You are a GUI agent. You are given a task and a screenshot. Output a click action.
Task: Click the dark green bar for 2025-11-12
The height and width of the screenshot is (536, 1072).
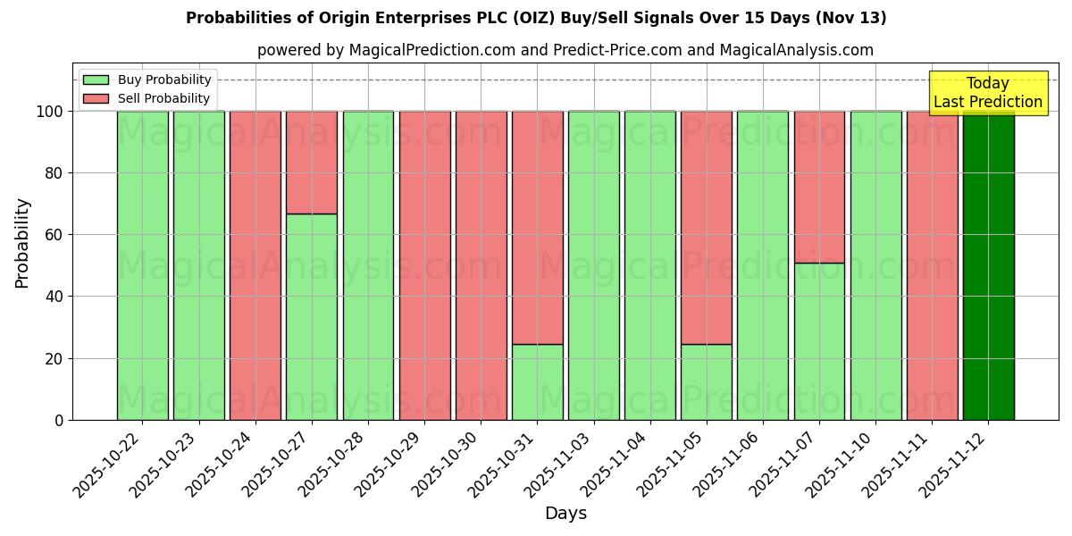pos(988,265)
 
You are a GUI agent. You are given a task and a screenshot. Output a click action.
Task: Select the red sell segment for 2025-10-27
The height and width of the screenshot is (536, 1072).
pos(312,163)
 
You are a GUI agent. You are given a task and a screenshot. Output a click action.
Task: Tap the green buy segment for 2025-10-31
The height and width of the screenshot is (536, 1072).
pos(537,381)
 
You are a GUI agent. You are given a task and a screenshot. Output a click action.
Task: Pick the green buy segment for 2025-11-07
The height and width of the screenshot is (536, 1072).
pos(819,341)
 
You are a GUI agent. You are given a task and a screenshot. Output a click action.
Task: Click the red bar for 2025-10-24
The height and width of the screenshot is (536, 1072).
pos(255,265)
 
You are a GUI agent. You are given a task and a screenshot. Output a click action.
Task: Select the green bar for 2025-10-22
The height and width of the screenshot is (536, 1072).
pos(142,265)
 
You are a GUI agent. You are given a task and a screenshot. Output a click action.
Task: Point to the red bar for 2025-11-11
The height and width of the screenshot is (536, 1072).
pos(932,265)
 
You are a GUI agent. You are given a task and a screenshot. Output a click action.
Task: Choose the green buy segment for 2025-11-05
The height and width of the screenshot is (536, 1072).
pos(707,381)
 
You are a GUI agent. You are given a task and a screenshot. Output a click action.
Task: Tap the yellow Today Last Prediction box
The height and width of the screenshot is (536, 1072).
pos(988,93)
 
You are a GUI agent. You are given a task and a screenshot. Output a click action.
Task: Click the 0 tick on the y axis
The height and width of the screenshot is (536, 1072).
pos(59,420)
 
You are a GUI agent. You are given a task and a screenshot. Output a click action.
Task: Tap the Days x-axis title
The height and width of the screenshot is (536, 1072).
pos(565,514)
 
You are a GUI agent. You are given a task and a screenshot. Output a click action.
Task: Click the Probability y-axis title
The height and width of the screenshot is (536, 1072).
pos(22,243)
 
